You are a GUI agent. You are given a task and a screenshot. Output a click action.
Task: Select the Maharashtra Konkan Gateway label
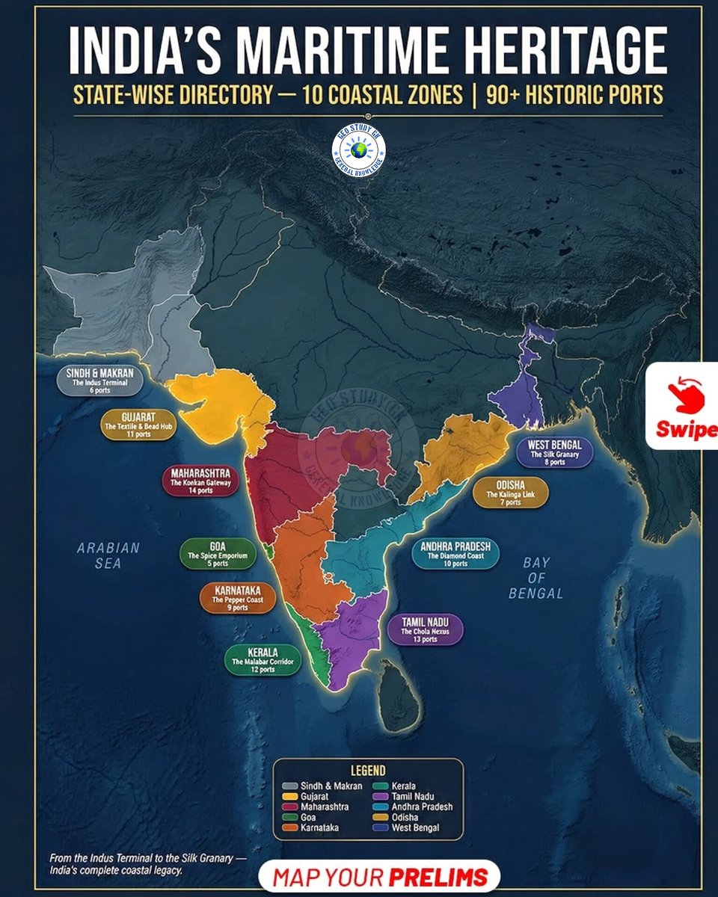(x=200, y=482)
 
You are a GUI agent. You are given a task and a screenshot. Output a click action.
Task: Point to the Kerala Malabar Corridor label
(x=263, y=660)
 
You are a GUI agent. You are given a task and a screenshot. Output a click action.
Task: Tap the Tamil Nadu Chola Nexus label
(x=425, y=630)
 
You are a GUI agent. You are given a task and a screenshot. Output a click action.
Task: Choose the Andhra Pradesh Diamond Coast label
(x=455, y=555)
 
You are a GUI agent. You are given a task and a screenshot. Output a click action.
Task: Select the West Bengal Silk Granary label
(x=554, y=452)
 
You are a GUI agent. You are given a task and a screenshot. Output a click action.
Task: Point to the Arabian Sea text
(x=108, y=555)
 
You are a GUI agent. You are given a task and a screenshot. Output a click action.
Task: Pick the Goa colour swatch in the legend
(x=288, y=817)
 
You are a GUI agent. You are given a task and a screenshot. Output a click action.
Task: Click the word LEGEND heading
(x=367, y=771)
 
